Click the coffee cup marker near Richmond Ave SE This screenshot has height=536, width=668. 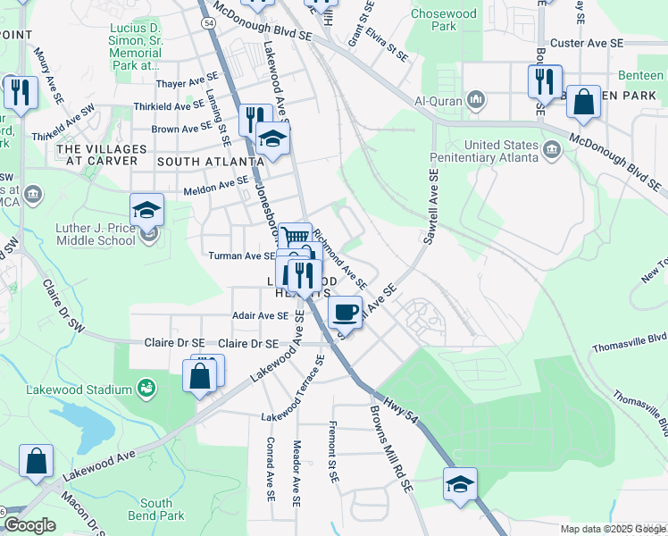click(345, 312)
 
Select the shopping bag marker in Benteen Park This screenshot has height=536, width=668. click(583, 102)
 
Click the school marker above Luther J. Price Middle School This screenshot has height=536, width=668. click(146, 210)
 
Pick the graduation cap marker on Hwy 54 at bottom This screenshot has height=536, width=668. click(459, 483)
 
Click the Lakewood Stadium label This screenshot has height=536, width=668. click(90, 388)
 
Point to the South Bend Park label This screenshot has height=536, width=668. click(162, 509)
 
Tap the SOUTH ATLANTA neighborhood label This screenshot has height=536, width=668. click(210, 161)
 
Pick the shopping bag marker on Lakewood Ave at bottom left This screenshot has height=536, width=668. click(38, 462)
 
